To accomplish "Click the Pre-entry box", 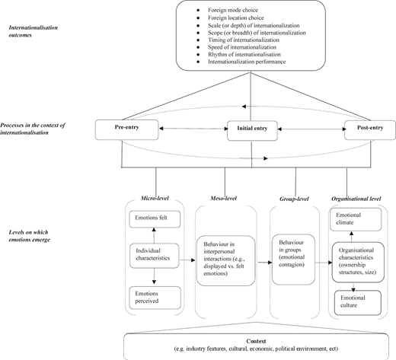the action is pyautogui.click(x=127, y=130).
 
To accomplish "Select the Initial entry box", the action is pyautogui.click(x=252, y=131).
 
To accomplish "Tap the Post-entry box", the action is pyautogui.click(x=370, y=130).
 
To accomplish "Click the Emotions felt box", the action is pyautogui.click(x=155, y=219).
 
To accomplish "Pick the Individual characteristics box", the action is pyautogui.click(x=155, y=256).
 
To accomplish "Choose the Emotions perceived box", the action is pyautogui.click(x=155, y=298).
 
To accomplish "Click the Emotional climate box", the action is pyautogui.click(x=356, y=219).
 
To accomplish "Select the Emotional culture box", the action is pyautogui.click(x=358, y=303).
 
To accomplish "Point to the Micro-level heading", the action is pyautogui.click(x=155, y=198).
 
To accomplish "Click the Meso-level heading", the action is pyautogui.click(x=223, y=198).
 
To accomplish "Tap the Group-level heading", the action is pyautogui.click(x=294, y=199).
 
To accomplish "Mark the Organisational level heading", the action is pyautogui.click(x=356, y=199).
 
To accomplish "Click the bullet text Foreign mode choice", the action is pyautogui.click(x=233, y=10).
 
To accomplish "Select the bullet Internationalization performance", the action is pyautogui.click(x=247, y=62).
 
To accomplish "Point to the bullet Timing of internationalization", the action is pyautogui.click(x=244, y=40).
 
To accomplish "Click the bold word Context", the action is pyautogui.click(x=256, y=341).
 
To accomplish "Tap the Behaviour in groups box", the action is pyautogui.click(x=293, y=260).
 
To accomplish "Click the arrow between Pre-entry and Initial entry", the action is pyautogui.click(x=193, y=129).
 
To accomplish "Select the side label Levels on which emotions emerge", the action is pyautogui.click(x=30, y=236).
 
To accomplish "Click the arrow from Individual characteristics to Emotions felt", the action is pyautogui.click(x=154, y=235).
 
